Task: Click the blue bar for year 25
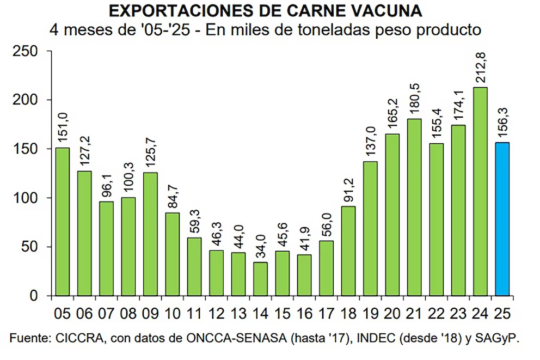coord(502,219)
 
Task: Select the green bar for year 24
coord(480,192)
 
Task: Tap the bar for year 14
coord(260,279)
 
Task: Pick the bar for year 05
coord(63,222)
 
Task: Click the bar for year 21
coord(414,208)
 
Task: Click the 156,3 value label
coord(501,123)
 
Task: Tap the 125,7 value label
coord(151,153)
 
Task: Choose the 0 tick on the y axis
coord(34,296)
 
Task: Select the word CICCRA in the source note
coord(75,338)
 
